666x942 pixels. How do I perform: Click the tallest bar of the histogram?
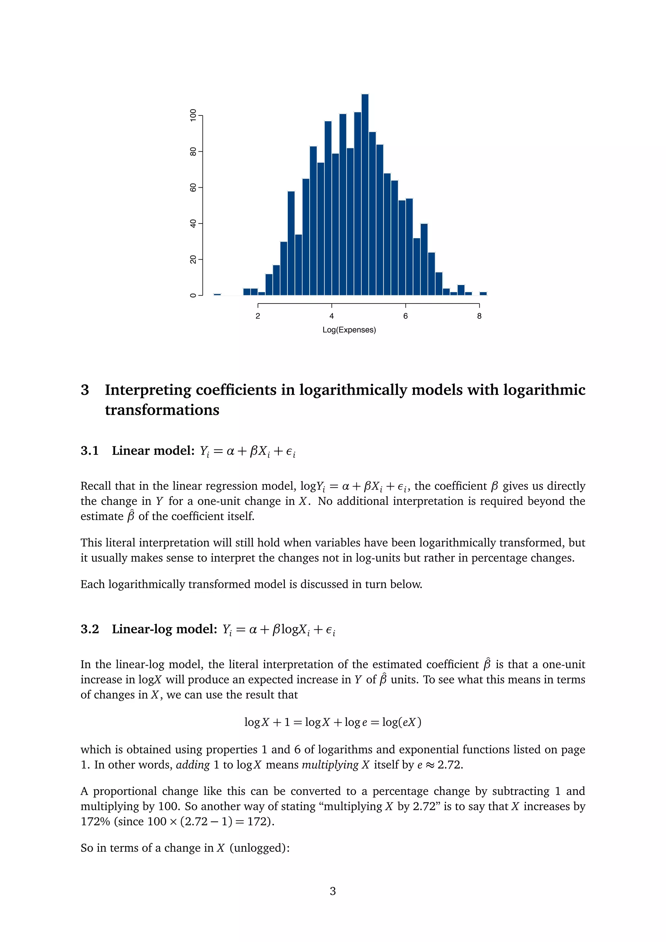click(x=365, y=195)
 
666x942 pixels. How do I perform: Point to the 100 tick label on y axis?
click(x=193, y=115)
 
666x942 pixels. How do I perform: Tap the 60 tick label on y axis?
click(x=193, y=187)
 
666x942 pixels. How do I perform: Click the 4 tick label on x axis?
click(x=331, y=316)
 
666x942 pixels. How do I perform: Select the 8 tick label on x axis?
click(x=479, y=316)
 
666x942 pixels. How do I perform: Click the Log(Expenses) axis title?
click(x=349, y=330)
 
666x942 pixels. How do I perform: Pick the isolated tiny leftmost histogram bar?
click(x=217, y=294)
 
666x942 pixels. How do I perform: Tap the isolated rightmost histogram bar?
click(x=483, y=293)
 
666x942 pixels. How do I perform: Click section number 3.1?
click(x=89, y=451)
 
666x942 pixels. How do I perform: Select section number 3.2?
click(x=89, y=629)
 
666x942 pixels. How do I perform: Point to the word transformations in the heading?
click(x=162, y=410)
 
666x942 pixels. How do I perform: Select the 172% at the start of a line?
click(x=95, y=821)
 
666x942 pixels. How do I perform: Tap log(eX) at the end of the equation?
click(x=402, y=722)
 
